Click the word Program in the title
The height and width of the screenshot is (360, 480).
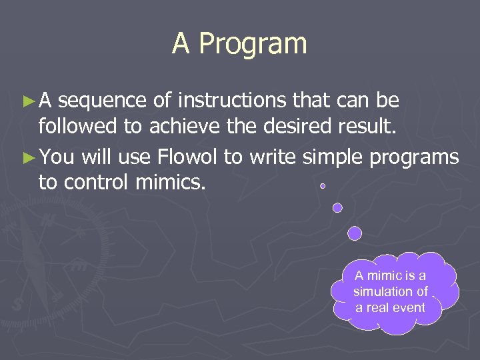[253, 44]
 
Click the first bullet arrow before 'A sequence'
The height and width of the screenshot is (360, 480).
[27, 101]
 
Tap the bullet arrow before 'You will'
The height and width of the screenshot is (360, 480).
[27, 158]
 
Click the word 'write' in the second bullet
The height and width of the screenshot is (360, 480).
[273, 157]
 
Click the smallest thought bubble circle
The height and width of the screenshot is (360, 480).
[323, 186]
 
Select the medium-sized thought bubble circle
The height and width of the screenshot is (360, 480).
[337, 207]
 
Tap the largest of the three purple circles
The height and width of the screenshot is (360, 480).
[355, 233]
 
